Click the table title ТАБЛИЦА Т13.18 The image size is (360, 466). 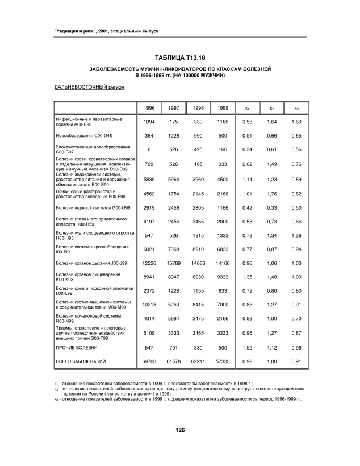point(179,57)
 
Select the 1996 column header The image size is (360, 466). point(149,108)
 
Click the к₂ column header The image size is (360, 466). point(272,108)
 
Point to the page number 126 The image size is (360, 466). point(180,430)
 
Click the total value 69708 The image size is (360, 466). point(149,361)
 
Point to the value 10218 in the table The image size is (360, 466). point(149,304)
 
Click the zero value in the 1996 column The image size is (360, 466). point(149,150)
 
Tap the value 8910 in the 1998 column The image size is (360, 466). point(199,248)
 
